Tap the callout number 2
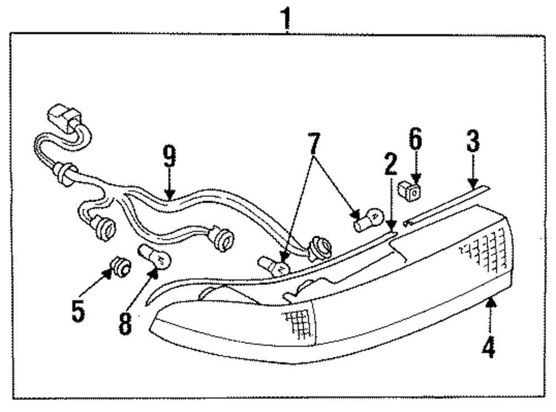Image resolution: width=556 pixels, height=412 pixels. tap(390, 165)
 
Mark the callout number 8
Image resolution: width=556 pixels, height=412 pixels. tap(125, 323)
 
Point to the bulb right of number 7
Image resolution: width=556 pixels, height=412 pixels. tap(369, 219)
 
